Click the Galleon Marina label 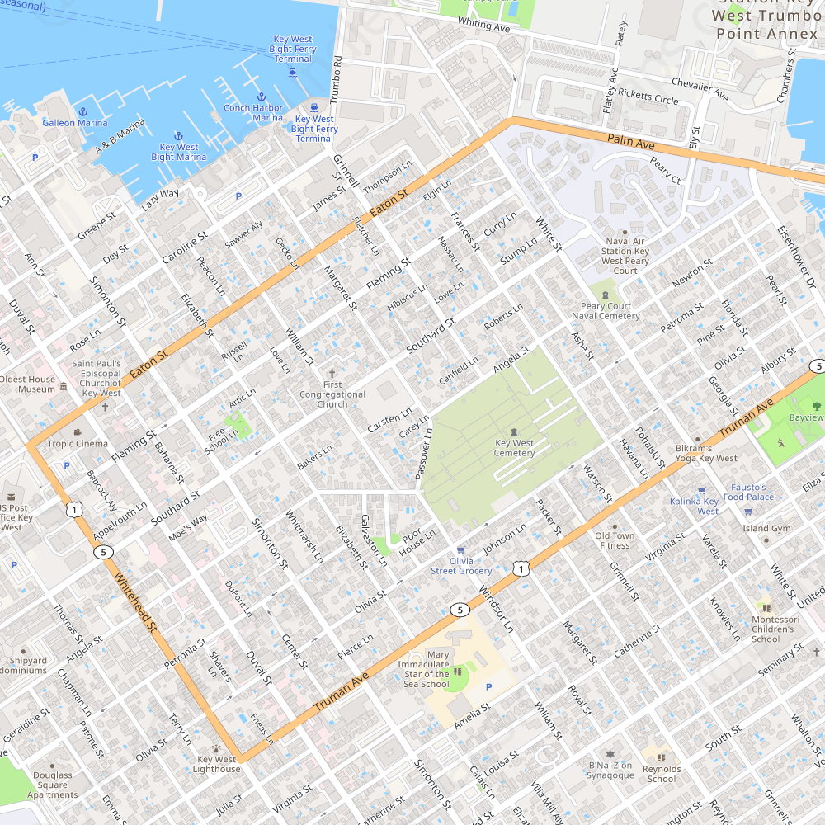pos(75,123)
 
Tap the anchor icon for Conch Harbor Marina pos(261,97)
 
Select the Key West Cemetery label pos(514,448)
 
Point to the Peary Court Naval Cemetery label pos(606,311)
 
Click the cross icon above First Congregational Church pos(332,374)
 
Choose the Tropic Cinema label pos(78,444)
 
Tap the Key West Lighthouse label pos(217,764)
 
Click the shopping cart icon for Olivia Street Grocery pos(461,551)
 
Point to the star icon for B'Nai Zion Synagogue pos(610,754)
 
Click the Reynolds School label pos(661,774)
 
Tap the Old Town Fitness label pos(615,540)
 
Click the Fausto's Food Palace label pos(748,492)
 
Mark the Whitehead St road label pos(135,602)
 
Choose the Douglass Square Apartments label pos(53,785)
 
